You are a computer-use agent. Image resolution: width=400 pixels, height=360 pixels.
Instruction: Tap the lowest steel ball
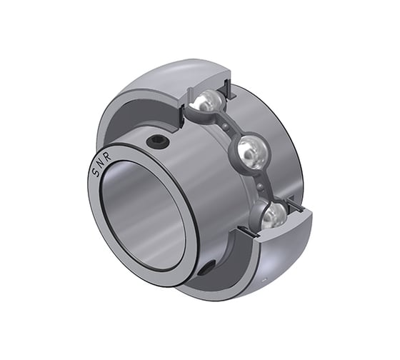tap(276, 214)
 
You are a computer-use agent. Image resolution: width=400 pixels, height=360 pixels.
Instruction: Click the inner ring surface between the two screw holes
tap(200, 200)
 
